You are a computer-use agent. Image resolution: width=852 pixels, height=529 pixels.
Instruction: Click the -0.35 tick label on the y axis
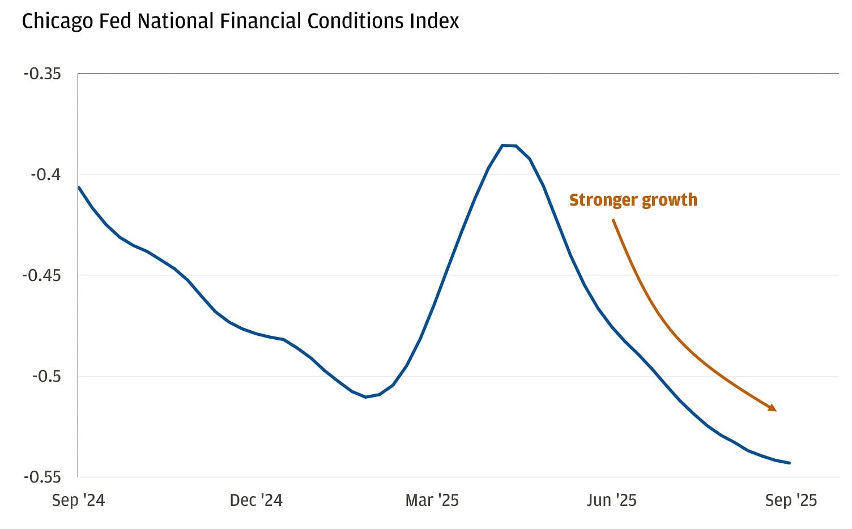click(x=42, y=74)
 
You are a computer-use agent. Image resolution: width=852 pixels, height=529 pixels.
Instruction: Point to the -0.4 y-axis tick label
click(x=45, y=174)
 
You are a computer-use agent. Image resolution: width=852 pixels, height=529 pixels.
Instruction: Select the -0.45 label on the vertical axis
click(x=42, y=275)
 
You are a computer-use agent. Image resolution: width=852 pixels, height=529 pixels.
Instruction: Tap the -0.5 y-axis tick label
click(x=45, y=376)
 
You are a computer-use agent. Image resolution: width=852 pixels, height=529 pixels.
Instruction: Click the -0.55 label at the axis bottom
click(x=42, y=477)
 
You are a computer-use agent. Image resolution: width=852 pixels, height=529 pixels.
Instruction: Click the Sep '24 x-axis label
click(x=78, y=500)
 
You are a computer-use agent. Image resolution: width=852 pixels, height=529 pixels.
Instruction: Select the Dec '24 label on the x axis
click(x=256, y=500)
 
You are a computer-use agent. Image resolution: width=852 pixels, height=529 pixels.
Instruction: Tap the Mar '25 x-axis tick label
click(x=432, y=500)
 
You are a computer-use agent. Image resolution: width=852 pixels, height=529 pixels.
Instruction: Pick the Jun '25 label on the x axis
click(x=611, y=500)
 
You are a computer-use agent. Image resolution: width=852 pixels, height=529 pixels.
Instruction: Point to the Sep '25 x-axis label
click(x=791, y=500)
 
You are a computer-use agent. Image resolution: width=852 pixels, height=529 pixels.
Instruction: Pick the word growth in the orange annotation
click(x=670, y=200)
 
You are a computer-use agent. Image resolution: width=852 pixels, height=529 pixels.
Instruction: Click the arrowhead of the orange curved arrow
click(x=773, y=408)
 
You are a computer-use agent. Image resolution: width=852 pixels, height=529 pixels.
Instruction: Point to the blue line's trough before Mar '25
click(x=366, y=397)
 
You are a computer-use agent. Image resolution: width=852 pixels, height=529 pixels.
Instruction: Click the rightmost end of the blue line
click(x=790, y=463)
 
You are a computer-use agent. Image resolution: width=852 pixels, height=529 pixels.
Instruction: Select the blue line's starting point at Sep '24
click(x=79, y=187)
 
